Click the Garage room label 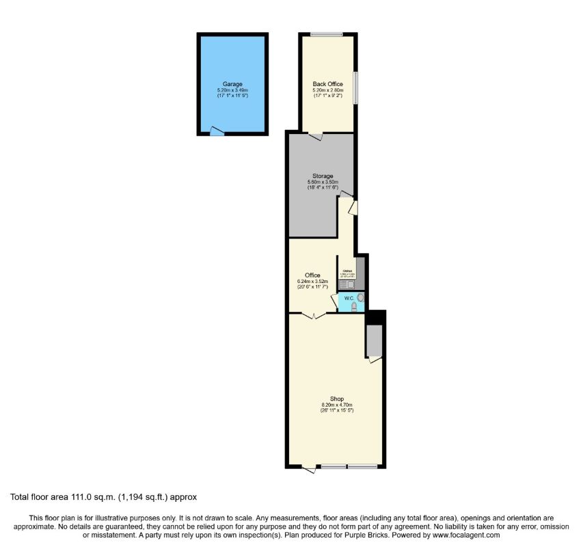(232, 84)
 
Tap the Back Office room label (327, 84)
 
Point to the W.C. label (348, 298)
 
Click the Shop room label (336, 399)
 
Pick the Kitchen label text (347, 271)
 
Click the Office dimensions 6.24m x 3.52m (312, 281)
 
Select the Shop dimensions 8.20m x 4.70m (336, 405)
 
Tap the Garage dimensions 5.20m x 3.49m (232, 90)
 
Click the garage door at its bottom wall (217, 131)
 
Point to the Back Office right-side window (355, 88)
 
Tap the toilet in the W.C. (353, 308)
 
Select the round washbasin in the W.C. (361, 297)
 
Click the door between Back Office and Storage (315, 136)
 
